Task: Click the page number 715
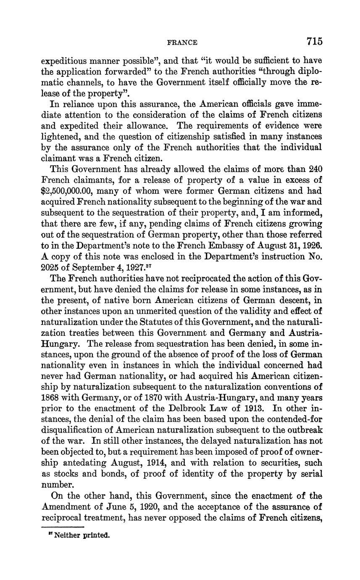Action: [314, 41]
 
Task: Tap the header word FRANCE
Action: [182, 42]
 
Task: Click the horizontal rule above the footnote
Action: [63, 526]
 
